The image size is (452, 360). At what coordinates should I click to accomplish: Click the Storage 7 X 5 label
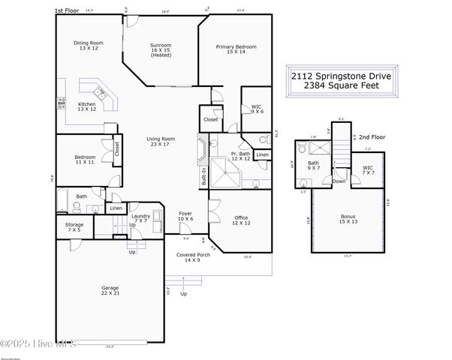(74, 226)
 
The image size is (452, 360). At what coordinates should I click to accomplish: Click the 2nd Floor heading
(371, 138)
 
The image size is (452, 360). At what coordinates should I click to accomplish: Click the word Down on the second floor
(339, 181)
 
